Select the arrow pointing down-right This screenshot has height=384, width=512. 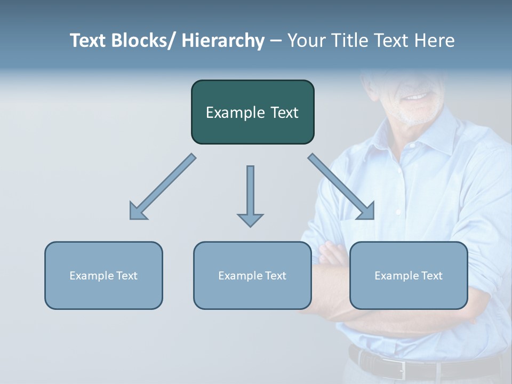(x=341, y=187)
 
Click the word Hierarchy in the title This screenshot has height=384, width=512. (x=223, y=41)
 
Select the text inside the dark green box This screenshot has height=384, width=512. (x=252, y=113)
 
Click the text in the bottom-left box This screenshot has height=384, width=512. (x=103, y=276)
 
